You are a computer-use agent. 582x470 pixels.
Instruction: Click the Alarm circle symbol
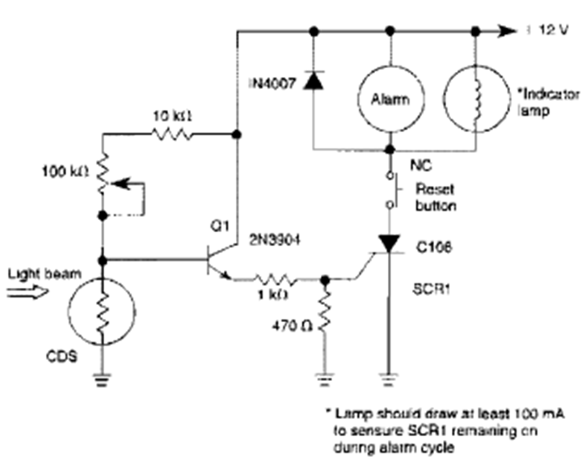click(x=391, y=99)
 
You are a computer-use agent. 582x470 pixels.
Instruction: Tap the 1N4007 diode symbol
click(x=313, y=82)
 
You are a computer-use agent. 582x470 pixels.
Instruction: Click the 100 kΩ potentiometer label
click(x=61, y=171)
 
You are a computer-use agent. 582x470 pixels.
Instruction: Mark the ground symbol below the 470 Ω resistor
click(x=325, y=373)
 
